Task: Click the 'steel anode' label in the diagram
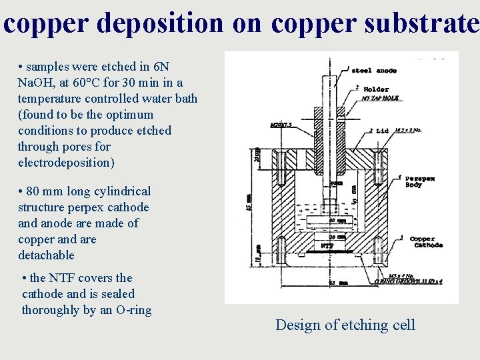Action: click(x=373, y=70)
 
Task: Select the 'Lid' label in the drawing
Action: click(x=382, y=131)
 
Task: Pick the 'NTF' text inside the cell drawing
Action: click(x=327, y=245)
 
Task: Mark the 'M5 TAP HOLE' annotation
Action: click(x=380, y=98)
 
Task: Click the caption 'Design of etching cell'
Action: click(x=345, y=325)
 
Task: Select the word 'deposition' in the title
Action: click(x=160, y=23)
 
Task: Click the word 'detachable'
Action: click(x=46, y=255)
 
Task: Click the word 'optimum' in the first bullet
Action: click(x=133, y=115)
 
